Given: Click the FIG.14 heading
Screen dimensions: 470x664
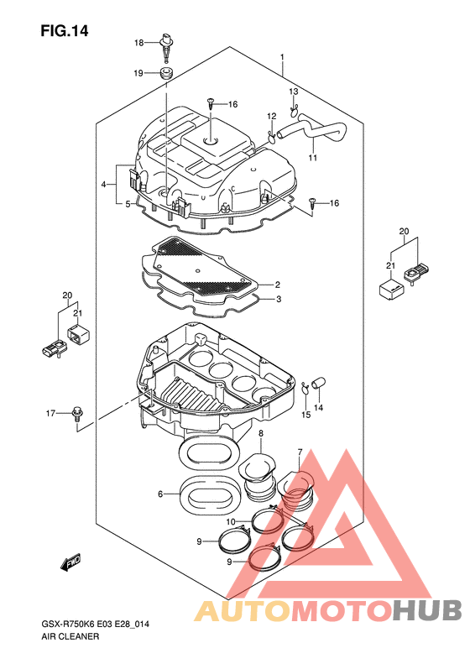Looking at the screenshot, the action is point(65,31).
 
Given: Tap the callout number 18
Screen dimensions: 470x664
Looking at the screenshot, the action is point(138,43).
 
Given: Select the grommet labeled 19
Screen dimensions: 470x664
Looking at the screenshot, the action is point(166,72).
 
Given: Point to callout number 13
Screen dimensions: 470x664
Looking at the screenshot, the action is point(294,91).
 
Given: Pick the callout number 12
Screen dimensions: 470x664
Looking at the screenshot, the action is point(271,116).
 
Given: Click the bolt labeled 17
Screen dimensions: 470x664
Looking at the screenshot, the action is point(76,413).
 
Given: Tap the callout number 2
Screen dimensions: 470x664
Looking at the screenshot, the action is point(277,285).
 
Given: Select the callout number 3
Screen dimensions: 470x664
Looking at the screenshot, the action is point(278,299).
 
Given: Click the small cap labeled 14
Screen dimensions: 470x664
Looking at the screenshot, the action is point(317,383).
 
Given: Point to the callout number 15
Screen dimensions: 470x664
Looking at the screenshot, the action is point(305,415).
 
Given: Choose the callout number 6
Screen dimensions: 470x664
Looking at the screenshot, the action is point(160,494).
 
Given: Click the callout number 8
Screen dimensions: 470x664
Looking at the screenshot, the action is point(261,433).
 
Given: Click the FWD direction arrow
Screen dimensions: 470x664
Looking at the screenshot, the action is point(70,562).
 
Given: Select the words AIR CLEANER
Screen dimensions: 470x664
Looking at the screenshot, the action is point(70,636).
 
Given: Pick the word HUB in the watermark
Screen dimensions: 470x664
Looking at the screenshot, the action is point(426,610).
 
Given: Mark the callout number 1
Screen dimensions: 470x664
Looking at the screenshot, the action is point(282,57).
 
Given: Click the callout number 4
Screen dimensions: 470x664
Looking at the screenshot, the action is point(103,184).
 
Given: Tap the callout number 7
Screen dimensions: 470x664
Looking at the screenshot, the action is point(300,452).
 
